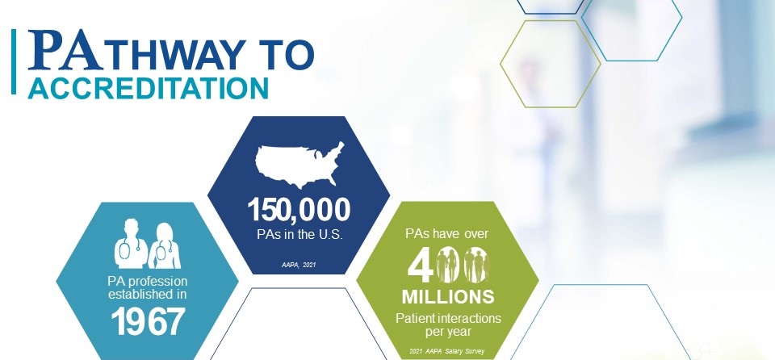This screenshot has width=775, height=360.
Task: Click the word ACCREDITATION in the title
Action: tap(148, 88)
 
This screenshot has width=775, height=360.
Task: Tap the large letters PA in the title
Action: tap(65, 49)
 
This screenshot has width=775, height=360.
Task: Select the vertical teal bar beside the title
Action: tap(14, 61)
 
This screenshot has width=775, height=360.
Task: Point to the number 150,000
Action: tap(299, 210)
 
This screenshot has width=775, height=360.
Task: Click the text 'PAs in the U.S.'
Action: tap(300, 234)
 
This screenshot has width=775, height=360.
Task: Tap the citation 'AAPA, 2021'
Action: tap(299, 266)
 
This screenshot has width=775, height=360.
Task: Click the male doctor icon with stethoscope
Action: tap(131, 243)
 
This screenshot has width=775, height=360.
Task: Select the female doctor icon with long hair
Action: tap(165, 245)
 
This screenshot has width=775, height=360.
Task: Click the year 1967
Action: tap(148, 322)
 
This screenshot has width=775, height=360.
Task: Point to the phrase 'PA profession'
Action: tap(148, 282)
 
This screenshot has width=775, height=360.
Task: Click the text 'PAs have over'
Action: tap(446, 234)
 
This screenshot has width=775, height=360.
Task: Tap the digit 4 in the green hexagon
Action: tap(420, 266)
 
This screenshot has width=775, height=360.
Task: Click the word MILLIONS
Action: tap(448, 297)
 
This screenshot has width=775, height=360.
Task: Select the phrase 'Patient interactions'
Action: tap(448, 318)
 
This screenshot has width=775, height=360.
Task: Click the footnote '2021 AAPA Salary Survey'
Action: tap(446, 352)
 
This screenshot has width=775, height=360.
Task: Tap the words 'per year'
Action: tap(448, 331)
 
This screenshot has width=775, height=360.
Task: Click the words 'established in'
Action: tap(148, 295)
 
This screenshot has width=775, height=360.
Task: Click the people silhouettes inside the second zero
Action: tap(476, 265)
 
